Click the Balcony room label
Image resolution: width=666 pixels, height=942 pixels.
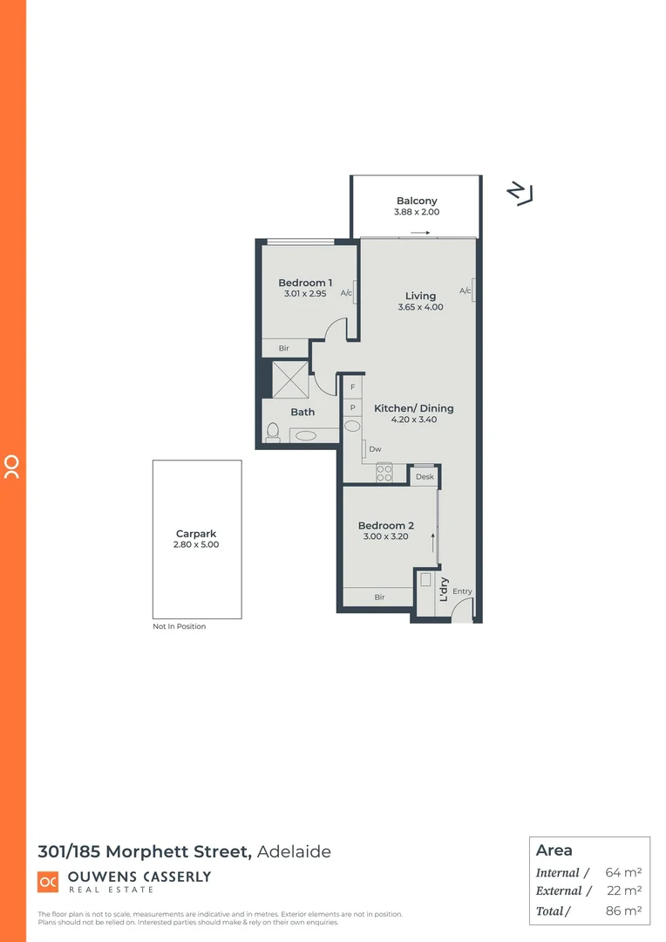[x=417, y=201]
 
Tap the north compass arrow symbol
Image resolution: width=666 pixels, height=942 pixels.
[x=520, y=194]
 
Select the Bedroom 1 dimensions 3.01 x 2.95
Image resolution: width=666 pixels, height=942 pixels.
[x=305, y=295]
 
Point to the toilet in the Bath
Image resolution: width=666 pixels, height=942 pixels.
[x=273, y=432]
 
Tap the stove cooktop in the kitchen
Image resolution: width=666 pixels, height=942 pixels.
[x=384, y=473]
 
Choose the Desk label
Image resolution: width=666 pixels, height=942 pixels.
[x=425, y=477]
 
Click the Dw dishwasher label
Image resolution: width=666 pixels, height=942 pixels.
[x=375, y=449]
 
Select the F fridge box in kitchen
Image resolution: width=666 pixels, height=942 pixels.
[x=353, y=386]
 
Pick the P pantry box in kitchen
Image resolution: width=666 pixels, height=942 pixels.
[x=353, y=406]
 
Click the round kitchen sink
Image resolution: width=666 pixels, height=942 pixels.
[x=353, y=427]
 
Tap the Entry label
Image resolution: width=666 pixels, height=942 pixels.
[x=462, y=591]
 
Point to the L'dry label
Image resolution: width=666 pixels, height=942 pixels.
[x=444, y=590]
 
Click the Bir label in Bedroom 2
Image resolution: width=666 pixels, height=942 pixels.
[x=379, y=597]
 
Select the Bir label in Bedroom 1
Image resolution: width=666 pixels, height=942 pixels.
[x=283, y=348]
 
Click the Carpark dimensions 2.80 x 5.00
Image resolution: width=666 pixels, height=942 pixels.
[x=196, y=544]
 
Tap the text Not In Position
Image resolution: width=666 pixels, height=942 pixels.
[x=180, y=626]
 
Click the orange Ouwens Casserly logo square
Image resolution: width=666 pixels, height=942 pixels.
[x=48, y=881]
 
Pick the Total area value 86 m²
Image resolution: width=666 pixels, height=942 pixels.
[x=623, y=911]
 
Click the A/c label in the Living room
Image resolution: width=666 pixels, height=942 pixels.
[x=466, y=290]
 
